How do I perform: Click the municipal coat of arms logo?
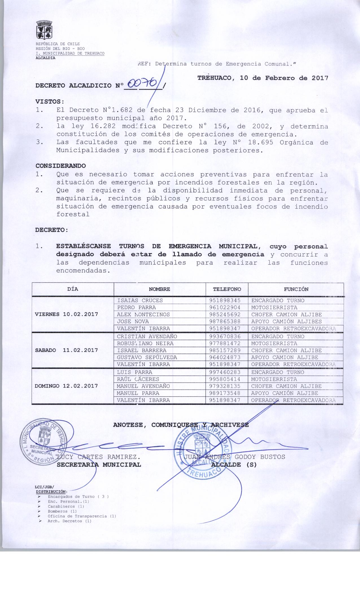click(45, 30)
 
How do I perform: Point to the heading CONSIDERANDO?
click(60, 165)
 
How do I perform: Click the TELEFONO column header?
click(227, 289)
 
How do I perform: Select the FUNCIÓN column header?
click(296, 289)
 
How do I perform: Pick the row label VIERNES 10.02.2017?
click(66, 314)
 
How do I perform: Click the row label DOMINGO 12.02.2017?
click(66, 386)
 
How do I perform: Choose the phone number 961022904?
click(225, 308)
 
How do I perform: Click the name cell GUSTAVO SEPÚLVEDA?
click(147, 357)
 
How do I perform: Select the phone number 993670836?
click(225, 337)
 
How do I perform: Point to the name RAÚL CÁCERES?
click(138, 379)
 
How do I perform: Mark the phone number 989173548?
click(225, 393)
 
